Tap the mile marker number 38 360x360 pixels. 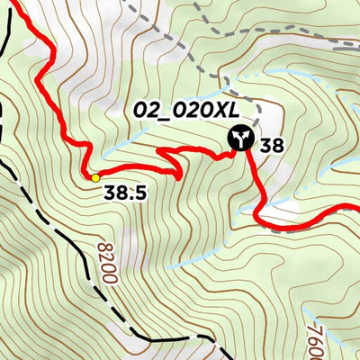(273, 144)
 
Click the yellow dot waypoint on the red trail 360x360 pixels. (95, 177)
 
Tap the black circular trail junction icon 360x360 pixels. (239, 138)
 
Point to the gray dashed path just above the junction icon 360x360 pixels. (257, 112)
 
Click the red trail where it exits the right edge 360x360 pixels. (353, 209)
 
